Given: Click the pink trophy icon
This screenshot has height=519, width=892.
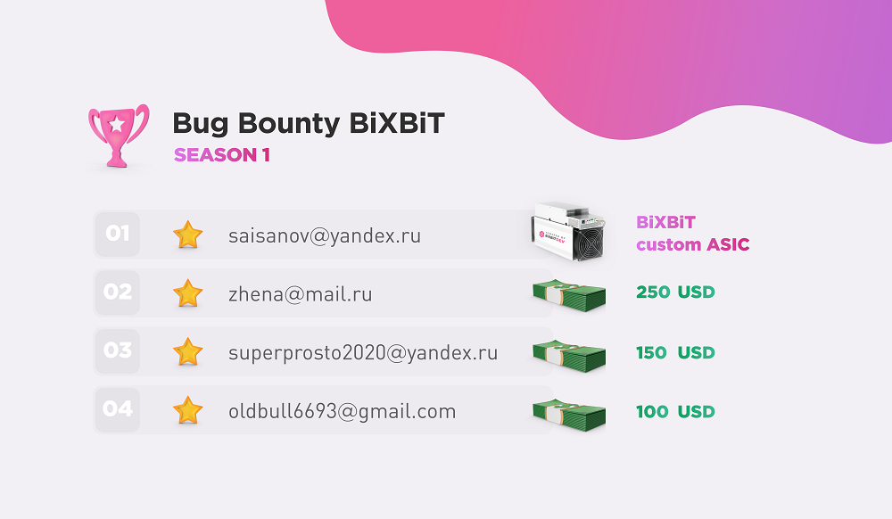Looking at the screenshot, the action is [x=119, y=136].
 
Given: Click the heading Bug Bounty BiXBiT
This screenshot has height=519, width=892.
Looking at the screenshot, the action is [x=309, y=123].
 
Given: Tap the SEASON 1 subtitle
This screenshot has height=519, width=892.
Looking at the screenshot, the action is [x=222, y=154].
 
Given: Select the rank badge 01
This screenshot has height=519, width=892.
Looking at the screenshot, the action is [x=117, y=234].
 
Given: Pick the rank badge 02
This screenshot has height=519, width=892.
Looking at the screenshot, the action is [x=117, y=292].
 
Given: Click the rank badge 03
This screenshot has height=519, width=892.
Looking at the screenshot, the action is [x=117, y=350].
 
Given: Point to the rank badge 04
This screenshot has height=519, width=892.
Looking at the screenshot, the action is [x=117, y=409].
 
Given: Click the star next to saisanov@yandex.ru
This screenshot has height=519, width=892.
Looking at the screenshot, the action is [x=187, y=235].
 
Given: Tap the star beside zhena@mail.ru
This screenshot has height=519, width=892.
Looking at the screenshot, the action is [x=187, y=293].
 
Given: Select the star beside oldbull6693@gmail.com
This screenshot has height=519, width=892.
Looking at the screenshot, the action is [x=187, y=410].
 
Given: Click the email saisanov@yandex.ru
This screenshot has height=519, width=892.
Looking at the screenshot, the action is [x=325, y=235].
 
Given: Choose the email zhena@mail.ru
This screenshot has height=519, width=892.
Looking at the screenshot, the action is [x=301, y=294].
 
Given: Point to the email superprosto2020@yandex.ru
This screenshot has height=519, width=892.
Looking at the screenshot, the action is [x=363, y=352].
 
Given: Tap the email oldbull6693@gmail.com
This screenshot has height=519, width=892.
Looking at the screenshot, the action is [x=343, y=411].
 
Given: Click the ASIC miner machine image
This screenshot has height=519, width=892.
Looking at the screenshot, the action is [x=568, y=232].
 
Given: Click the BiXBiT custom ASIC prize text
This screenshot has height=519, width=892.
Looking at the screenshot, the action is [x=692, y=234].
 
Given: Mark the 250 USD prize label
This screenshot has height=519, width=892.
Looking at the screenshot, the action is [x=675, y=292].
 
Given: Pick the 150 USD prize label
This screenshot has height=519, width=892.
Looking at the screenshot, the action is [x=675, y=352].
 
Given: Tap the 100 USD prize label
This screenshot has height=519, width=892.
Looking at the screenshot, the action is [x=675, y=412].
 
